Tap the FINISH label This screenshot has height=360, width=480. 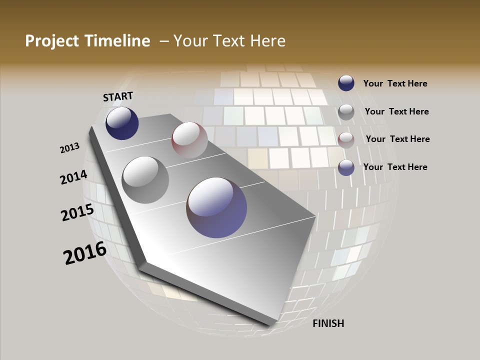click(x=328, y=323)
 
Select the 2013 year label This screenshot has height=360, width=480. click(x=70, y=148)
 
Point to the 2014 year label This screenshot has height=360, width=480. click(x=74, y=177)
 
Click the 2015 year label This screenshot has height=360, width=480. click(x=77, y=212)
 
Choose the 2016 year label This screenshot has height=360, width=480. click(x=85, y=253)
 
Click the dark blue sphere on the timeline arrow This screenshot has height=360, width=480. click(x=122, y=123)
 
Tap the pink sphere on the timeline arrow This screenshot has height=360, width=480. click(x=189, y=139)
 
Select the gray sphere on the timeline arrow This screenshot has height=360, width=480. click(x=145, y=179)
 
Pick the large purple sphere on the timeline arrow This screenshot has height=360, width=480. click(x=216, y=207)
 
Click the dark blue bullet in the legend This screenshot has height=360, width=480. click(x=346, y=83)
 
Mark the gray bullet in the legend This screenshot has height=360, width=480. click(x=346, y=112)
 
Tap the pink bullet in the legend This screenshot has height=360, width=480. click(x=346, y=140)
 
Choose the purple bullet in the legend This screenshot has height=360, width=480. click(x=346, y=167)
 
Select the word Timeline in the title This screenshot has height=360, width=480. click(x=119, y=41)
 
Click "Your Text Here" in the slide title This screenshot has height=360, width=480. click(x=229, y=41)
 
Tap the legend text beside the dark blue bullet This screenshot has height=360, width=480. click(x=395, y=83)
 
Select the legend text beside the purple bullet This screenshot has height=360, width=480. click(x=395, y=167)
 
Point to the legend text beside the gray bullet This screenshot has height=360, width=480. click(x=396, y=111)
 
